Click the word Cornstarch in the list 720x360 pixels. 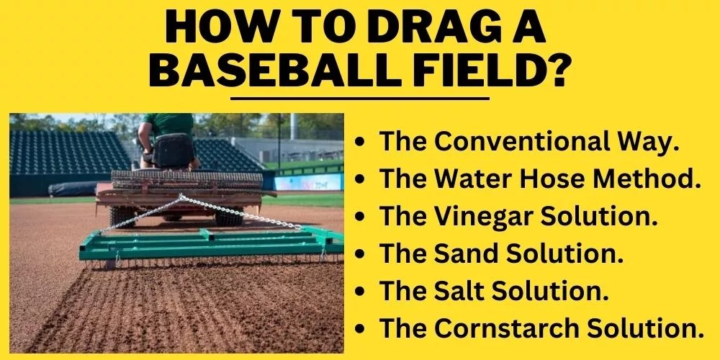click(515, 328)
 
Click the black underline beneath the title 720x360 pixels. click(359, 97)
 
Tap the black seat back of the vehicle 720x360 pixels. click(174, 149)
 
